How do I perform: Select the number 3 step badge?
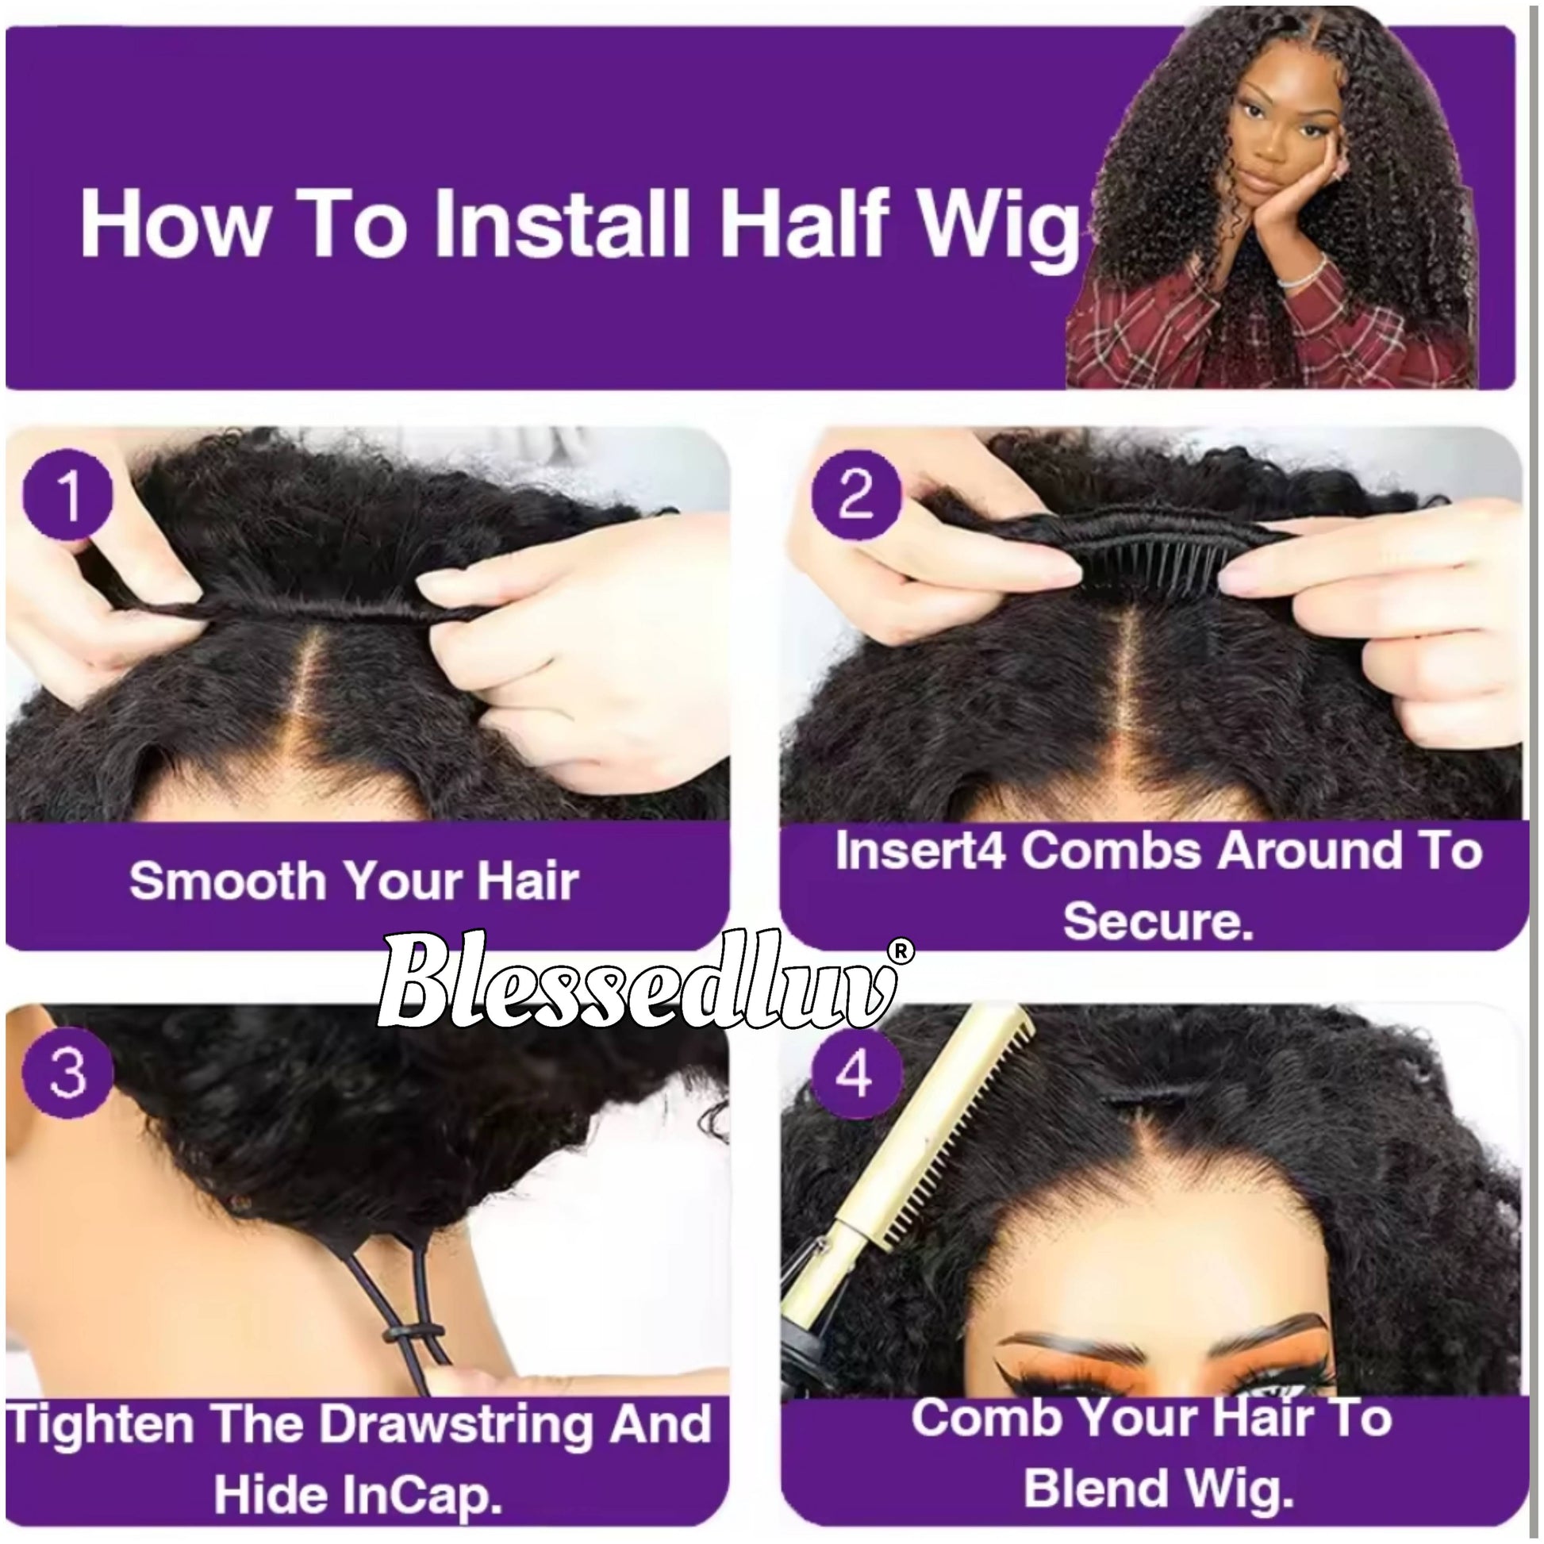tap(67, 1071)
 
